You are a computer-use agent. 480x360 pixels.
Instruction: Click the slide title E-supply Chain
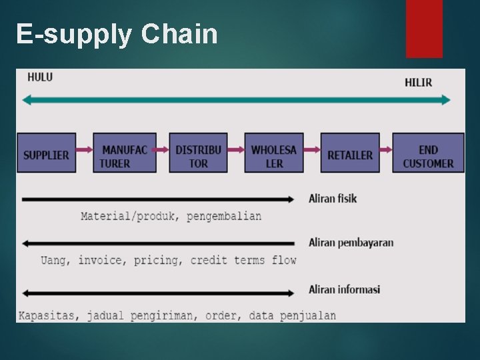click(x=117, y=34)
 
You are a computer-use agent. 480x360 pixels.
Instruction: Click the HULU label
click(x=40, y=77)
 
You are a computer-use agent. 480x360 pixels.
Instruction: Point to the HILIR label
click(x=418, y=83)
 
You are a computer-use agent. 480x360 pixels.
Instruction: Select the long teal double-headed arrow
click(x=236, y=100)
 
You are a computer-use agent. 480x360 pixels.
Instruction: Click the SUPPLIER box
click(x=46, y=154)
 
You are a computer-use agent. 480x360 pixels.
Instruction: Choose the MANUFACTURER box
click(x=124, y=154)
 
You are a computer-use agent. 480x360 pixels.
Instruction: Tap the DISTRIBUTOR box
click(x=198, y=154)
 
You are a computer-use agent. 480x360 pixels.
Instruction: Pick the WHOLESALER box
click(x=274, y=154)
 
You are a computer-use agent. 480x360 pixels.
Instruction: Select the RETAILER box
click(x=350, y=154)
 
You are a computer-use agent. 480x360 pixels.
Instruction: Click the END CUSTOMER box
click(x=428, y=154)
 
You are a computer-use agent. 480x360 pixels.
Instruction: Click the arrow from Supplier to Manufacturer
click(x=84, y=150)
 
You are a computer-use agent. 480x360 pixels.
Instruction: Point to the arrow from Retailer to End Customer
click(x=386, y=150)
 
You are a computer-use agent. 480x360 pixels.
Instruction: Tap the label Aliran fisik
click(x=333, y=199)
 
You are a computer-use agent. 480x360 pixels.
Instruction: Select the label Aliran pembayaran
click(x=351, y=243)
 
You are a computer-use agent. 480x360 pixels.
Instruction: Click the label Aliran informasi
click(x=344, y=289)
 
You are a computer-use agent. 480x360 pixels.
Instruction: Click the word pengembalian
click(x=224, y=216)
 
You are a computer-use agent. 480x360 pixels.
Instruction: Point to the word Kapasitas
click(x=47, y=315)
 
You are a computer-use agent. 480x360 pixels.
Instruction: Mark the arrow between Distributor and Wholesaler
click(x=236, y=150)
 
